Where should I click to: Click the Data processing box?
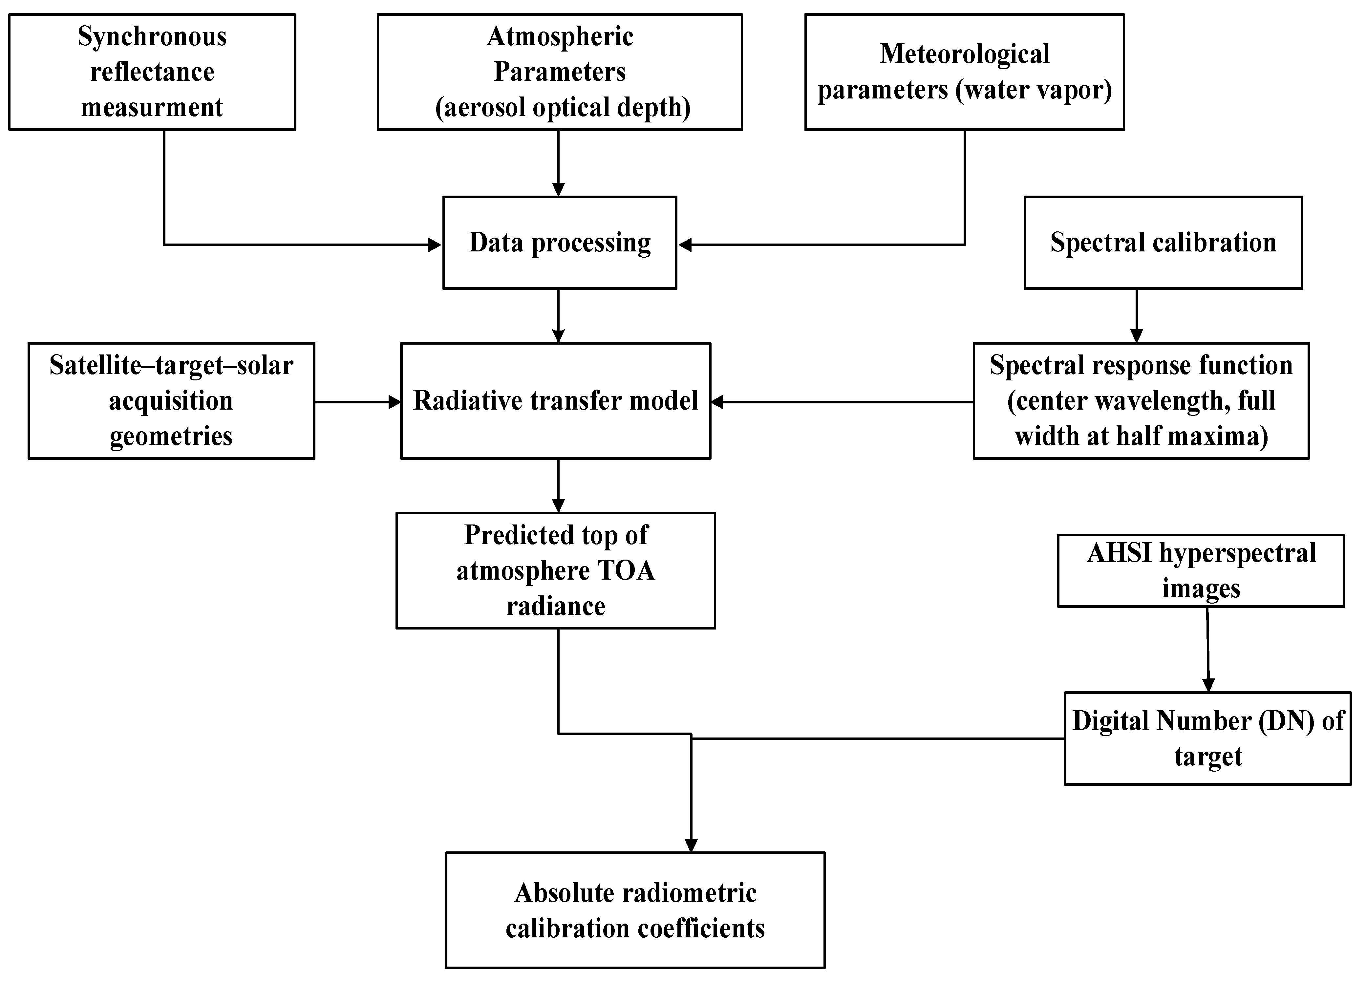(x=560, y=243)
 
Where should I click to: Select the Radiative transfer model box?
(x=555, y=400)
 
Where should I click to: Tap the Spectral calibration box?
(x=1163, y=243)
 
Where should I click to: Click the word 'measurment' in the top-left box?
(x=152, y=107)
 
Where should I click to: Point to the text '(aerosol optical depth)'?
(x=563, y=107)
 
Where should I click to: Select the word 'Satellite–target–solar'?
(x=171, y=365)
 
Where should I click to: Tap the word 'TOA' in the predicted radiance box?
(x=627, y=570)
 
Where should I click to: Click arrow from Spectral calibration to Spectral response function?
(x=1137, y=316)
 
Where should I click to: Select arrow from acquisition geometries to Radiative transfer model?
(x=357, y=402)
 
